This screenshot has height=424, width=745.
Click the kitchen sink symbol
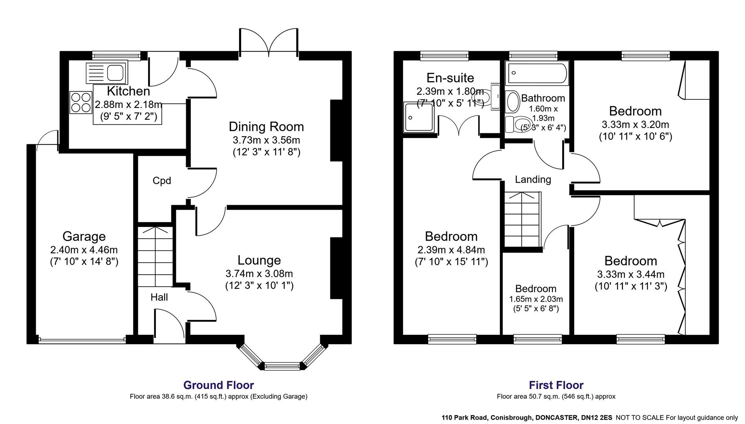[106, 72]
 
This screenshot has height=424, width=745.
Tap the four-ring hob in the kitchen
[81, 102]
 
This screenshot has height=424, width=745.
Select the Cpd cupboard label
[162, 181]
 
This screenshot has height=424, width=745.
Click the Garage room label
[84, 236]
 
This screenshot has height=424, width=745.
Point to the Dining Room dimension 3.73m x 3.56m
[266, 140]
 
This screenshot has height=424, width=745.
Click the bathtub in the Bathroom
[537, 73]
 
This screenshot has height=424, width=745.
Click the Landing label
[533, 179]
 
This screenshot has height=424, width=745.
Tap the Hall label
[159, 297]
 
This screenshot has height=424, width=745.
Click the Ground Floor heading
[218, 385]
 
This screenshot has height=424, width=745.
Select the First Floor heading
[556, 385]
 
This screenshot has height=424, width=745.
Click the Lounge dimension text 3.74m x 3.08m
[259, 274]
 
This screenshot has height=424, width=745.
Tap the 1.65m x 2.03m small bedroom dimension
[536, 299]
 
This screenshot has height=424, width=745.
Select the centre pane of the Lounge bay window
[282, 366]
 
